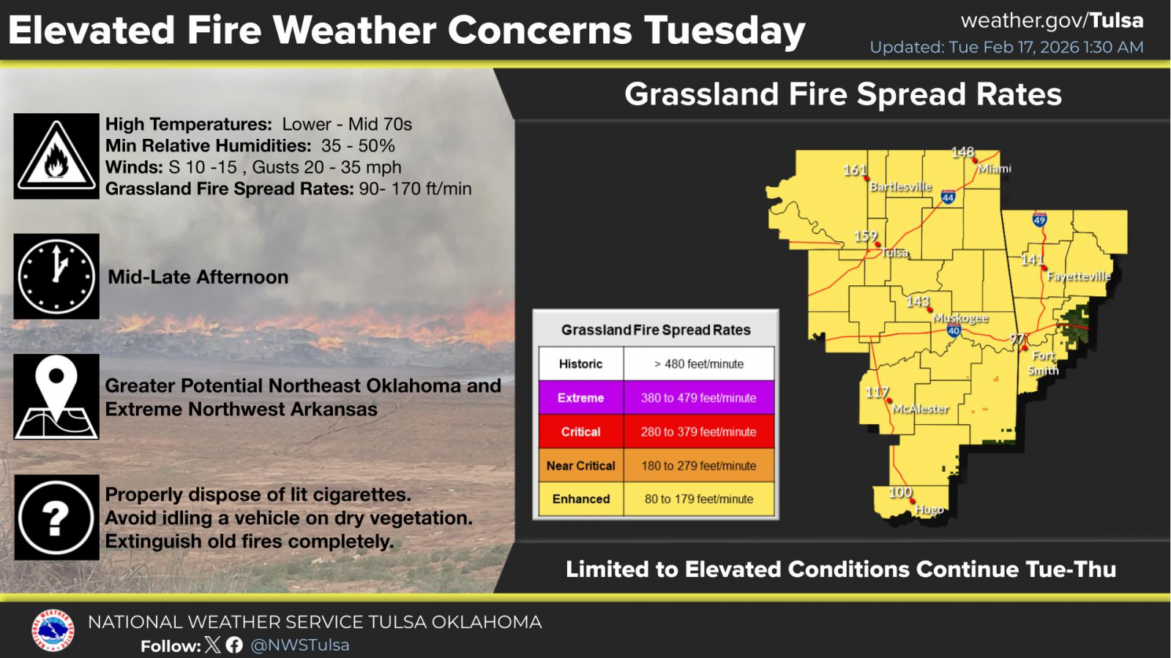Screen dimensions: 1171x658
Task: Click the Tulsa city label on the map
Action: (x=895, y=253)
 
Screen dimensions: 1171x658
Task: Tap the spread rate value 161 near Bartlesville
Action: (x=855, y=170)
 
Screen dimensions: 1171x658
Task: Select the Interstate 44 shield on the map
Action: (x=949, y=197)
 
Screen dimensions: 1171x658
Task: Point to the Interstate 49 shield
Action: (x=1039, y=219)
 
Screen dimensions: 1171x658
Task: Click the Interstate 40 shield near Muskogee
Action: (x=954, y=330)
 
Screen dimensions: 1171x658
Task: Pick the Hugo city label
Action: (x=929, y=509)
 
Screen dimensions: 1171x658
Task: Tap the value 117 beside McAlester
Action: (x=877, y=392)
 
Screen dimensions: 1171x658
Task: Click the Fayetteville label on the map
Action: (x=1079, y=276)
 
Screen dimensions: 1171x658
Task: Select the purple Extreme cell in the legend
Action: (x=581, y=398)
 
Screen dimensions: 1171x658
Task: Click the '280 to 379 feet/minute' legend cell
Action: (x=698, y=432)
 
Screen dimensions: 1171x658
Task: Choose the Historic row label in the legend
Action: (x=581, y=364)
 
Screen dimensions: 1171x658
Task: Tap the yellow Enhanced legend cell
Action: (x=581, y=499)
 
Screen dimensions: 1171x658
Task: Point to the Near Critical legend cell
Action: (x=581, y=466)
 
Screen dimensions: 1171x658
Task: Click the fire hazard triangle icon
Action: (x=56, y=156)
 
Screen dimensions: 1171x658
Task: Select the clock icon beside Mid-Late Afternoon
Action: (x=56, y=276)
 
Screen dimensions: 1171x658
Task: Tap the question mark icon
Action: (x=56, y=518)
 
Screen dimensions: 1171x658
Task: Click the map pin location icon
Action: (x=56, y=397)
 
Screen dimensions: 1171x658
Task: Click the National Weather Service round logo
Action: (x=52, y=630)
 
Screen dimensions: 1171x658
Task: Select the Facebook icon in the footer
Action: (x=234, y=646)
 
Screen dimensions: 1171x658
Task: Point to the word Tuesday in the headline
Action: (x=725, y=31)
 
